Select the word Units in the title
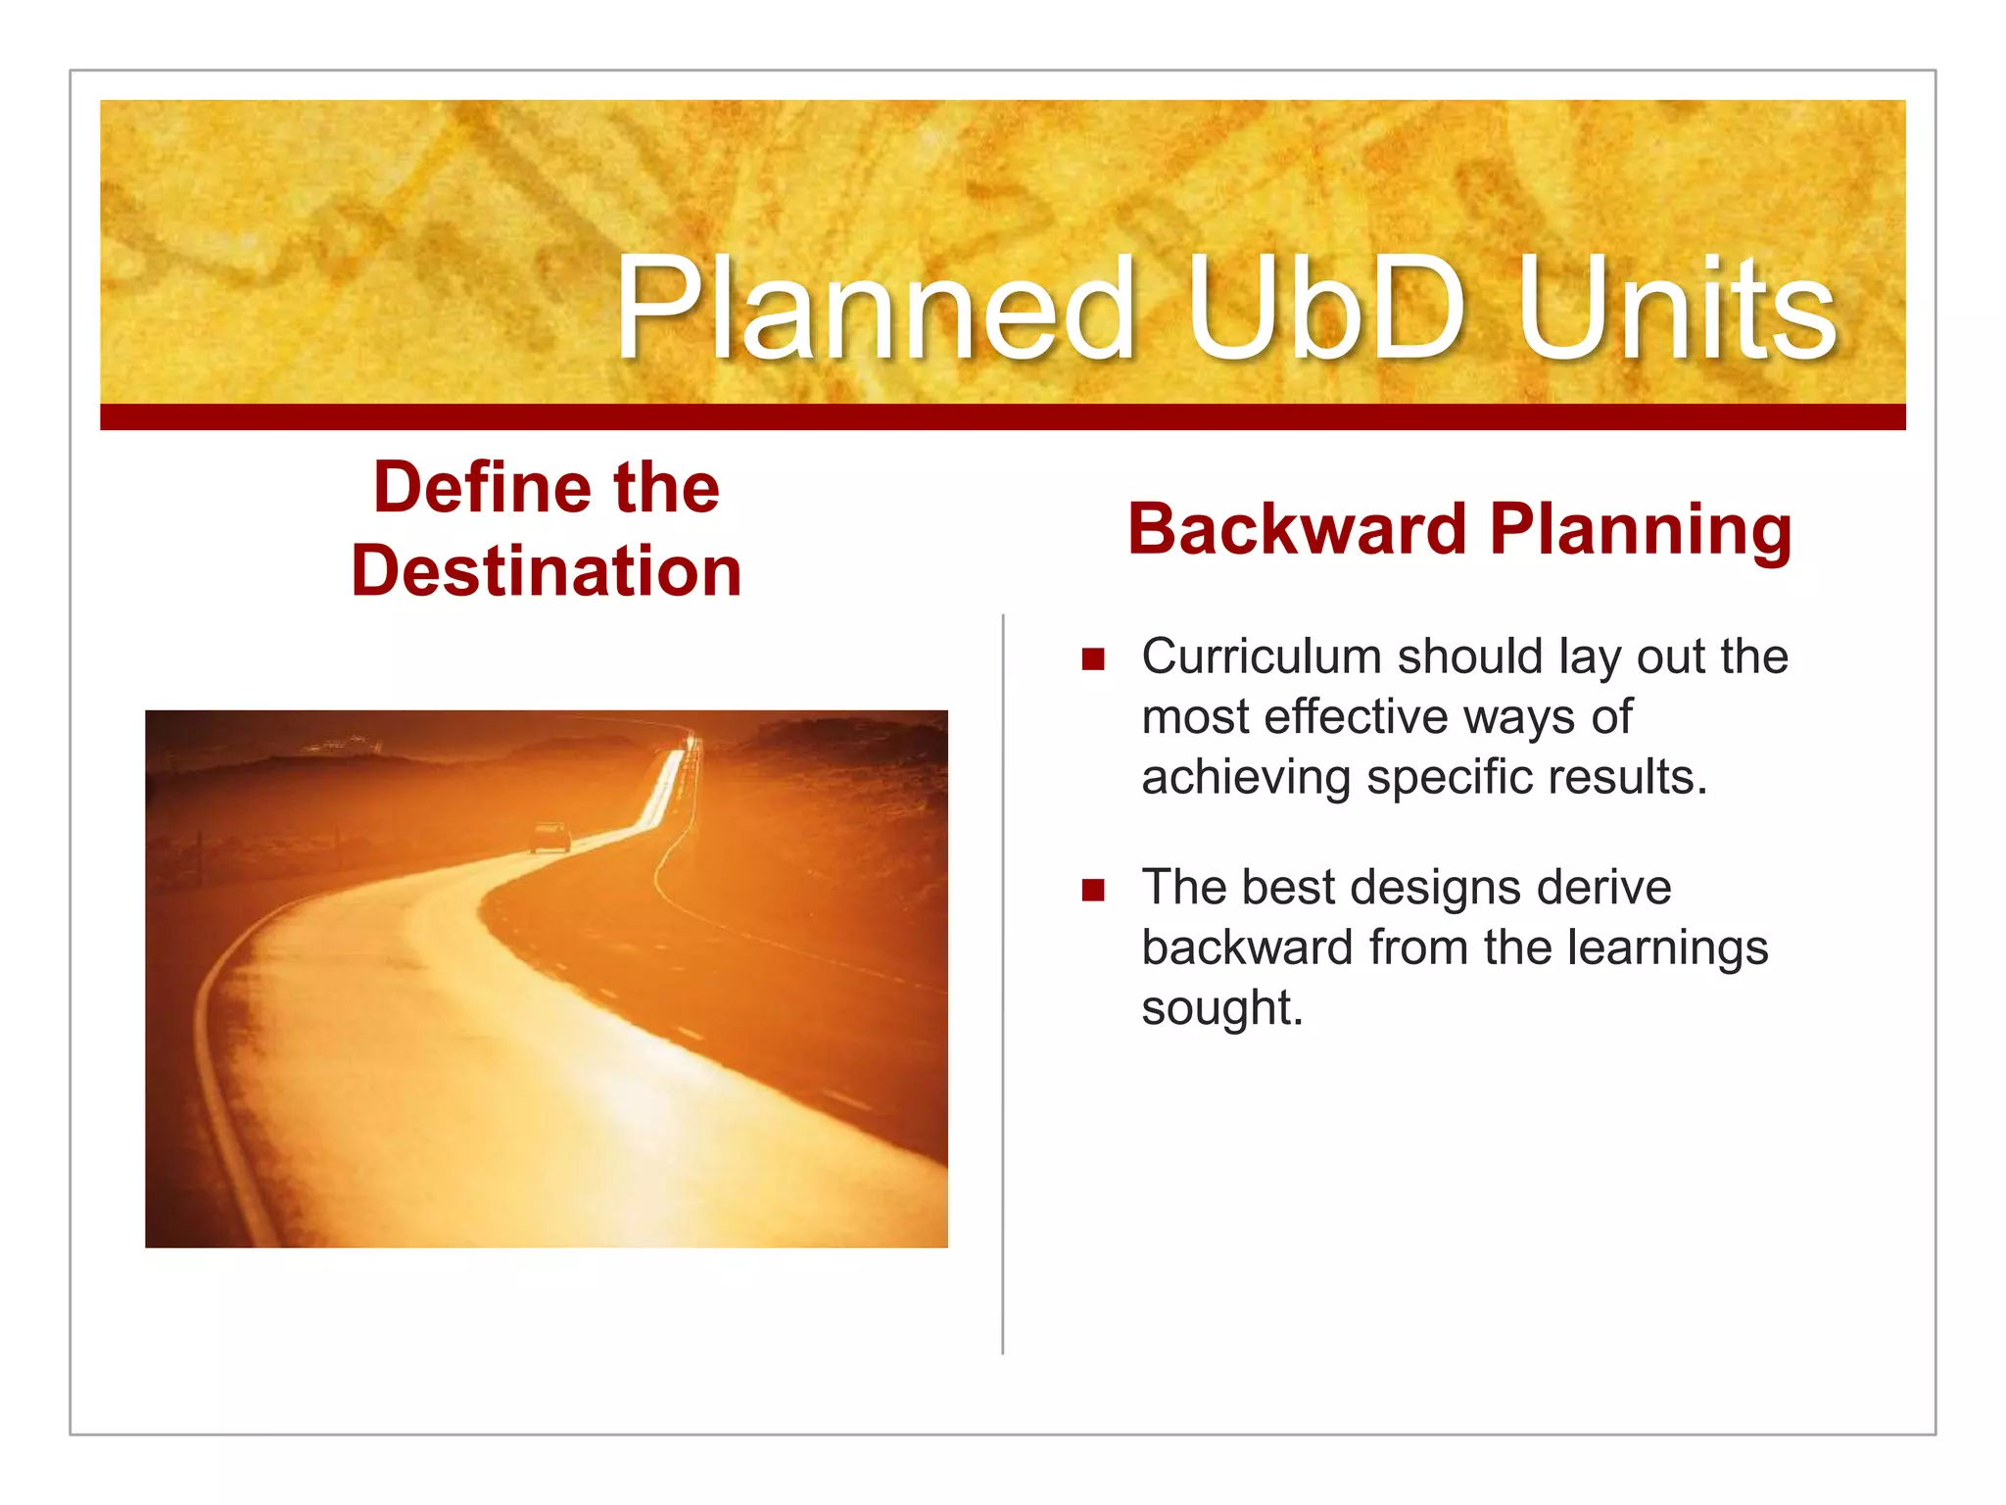pyautogui.click(x=1676, y=309)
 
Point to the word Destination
pyautogui.click(x=547, y=571)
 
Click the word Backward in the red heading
pyautogui.click(x=1297, y=529)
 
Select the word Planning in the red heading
pyautogui.click(x=1641, y=531)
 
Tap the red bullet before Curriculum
pyautogui.click(x=1093, y=658)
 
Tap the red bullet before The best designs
pyautogui.click(x=1093, y=890)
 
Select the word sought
pyautogui.click(x=1220, y=1008)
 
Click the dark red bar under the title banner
pyautogui.click(x=1002, y=417)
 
